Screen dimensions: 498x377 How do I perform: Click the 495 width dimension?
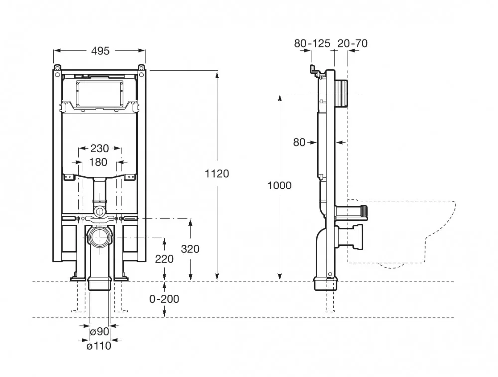[100, 51]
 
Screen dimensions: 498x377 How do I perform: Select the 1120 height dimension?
[217, 174]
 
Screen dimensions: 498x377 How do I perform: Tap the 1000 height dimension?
[279, 185]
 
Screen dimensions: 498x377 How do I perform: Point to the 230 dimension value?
[100, 148]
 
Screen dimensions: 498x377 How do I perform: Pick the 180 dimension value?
[98, 162]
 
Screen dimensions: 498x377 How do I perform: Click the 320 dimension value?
[190, 249]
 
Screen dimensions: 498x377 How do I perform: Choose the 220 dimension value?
[164, 259]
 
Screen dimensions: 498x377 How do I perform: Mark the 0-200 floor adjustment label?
[164, 299]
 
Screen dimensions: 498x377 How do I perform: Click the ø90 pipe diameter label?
[100, 332]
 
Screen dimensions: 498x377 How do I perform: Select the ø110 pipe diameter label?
[99, 346]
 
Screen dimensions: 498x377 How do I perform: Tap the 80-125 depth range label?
[312, 43]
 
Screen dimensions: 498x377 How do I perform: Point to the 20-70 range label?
[352, 43]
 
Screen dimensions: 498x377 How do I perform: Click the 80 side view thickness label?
[299, 142]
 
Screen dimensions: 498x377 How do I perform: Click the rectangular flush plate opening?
[100, 94]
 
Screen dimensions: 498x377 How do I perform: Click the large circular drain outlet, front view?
[100, 237]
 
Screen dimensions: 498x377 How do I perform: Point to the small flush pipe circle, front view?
[100, 212]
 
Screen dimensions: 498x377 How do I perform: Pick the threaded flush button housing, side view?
[342, 94]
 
